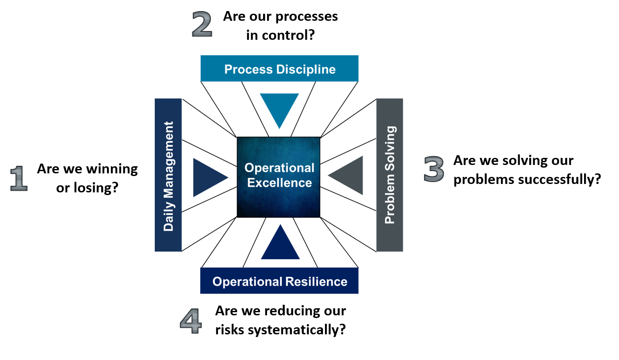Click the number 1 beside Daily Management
19,178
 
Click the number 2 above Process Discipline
202,24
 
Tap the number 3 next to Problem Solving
434,169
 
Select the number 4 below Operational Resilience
191,322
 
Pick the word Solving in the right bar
390,148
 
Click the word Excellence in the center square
279,183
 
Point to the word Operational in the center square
279,168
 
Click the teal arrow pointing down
279,106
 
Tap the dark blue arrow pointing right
206,177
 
